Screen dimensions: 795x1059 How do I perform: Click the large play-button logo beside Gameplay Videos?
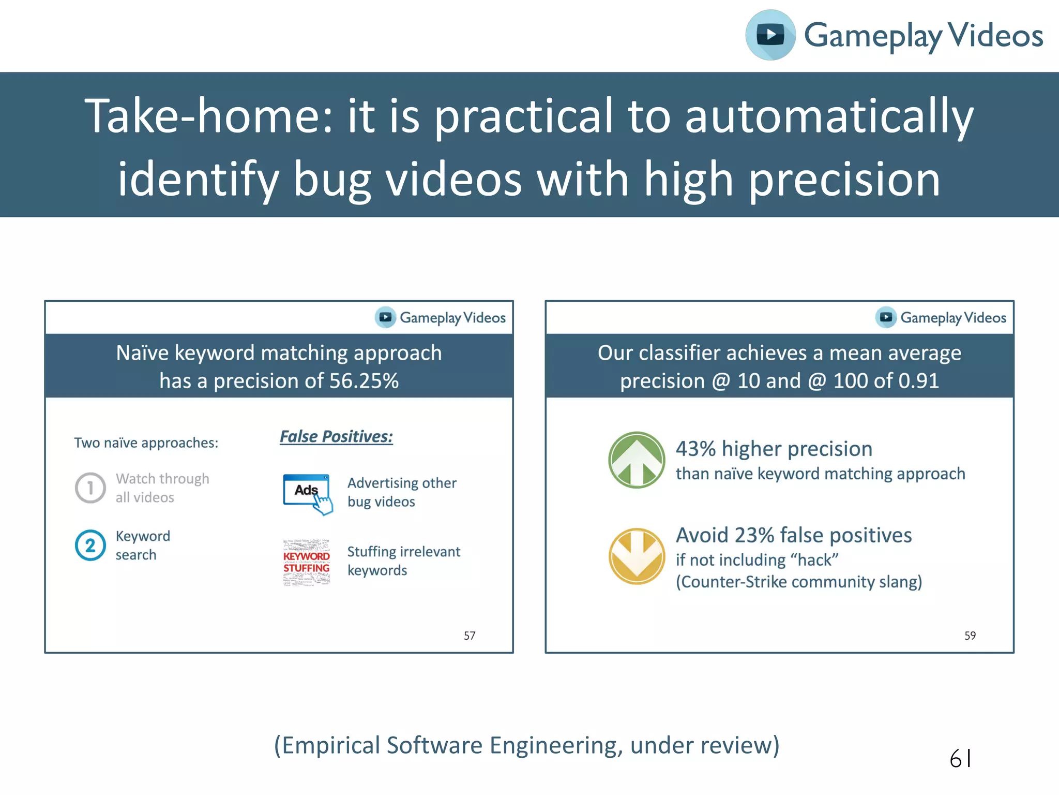(770, 35)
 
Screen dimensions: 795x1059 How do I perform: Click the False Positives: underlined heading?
(336, 436)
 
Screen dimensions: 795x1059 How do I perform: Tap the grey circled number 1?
(90, 488)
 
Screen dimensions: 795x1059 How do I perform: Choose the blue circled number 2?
(90, 545)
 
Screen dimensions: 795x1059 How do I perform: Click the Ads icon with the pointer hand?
(308, 493)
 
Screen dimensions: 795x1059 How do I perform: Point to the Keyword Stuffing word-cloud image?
(307, 562)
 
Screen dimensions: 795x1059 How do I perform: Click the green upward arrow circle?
(637, 460)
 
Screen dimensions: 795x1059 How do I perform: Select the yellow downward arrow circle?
(637, 556)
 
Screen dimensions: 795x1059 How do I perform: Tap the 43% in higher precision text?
(695, 449)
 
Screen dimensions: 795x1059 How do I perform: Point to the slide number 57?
(469, 636)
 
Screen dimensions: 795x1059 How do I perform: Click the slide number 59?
(970, 636)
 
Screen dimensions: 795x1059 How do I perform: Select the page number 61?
(960, 759)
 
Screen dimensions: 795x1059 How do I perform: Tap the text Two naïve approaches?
(146, 443)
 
